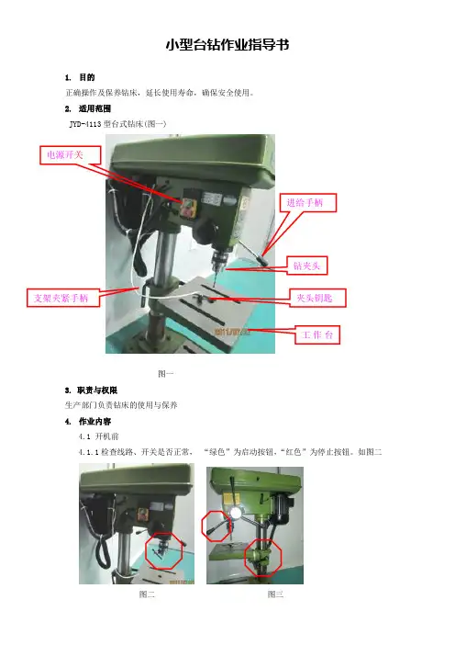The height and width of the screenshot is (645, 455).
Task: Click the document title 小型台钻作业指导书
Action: click(x=227, y=44)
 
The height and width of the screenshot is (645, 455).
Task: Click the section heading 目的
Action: click(x=86, y=77)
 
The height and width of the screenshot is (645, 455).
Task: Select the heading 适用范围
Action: click(x=94, y=108)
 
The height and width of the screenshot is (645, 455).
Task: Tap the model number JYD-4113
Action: click(x=85, y=124)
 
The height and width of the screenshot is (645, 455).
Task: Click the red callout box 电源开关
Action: click(x=71, y=155)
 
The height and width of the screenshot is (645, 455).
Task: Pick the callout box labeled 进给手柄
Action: click(x=308, y=203)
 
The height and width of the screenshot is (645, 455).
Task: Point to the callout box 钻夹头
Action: click(x=306, y=266)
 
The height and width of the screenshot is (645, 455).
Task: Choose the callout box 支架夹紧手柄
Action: click(x=63, y=298)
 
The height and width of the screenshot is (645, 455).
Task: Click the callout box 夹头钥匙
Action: click(x=316, y=298)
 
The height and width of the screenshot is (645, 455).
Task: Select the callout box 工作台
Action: click(x=317, y=334)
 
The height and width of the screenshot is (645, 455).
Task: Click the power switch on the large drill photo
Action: click(x=188, y=208)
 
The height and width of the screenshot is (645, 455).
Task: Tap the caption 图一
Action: click(x=166, y=374)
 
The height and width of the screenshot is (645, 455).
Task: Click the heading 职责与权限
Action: click(x=97, y=390)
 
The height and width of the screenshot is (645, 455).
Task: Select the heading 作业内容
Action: click(x=94, y=422)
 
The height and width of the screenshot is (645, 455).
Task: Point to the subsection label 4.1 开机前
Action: click(x=98, y=436)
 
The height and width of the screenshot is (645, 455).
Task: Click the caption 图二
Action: click(x=147, y=594)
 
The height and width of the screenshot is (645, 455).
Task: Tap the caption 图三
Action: click(x=275, y=594)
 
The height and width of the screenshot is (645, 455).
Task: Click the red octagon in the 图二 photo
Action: click(x=146, y=550)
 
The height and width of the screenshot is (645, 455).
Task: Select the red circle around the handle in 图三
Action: click(x=202, y=526)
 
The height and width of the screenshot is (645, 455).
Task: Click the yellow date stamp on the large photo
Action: click(x=231, y=331)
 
